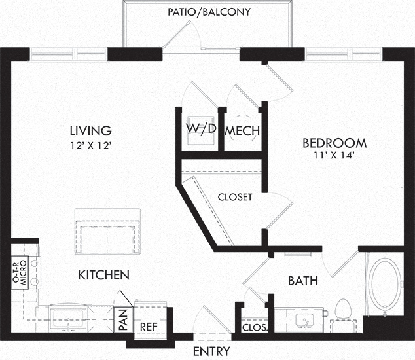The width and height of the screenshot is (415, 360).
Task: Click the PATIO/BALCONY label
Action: [209, 12]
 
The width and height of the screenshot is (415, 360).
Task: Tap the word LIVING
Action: [91, 131]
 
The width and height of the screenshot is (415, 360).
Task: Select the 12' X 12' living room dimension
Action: [90, 145]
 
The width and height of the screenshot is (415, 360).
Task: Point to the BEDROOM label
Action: [334, 143]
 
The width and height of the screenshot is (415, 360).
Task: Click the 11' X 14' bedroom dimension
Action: [334, 155]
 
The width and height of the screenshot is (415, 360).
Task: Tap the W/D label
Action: [201, 128]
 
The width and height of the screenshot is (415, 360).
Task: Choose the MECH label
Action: [242, 131]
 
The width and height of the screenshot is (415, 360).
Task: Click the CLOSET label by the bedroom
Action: [235, 197]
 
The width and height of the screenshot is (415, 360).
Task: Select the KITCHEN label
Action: [103, 276]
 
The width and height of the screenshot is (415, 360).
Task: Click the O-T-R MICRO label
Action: [20, 273]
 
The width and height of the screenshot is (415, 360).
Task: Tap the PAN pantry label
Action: [123, 320]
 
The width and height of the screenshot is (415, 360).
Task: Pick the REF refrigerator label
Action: [149, 327]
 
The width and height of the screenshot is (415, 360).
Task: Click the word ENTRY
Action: [211, 351]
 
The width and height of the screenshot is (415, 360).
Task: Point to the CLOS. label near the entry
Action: [255, 328]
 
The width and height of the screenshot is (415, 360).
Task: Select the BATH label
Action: [303, 281]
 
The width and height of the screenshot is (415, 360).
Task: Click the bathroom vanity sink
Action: [304, 321]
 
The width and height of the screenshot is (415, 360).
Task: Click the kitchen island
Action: [107, 231]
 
